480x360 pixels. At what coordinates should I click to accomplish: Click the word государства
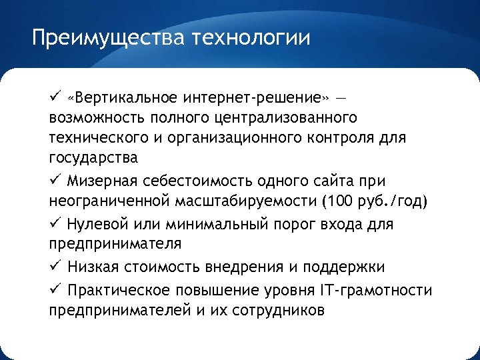pos(93,159)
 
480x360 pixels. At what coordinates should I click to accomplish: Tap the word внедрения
pos(257,267)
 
